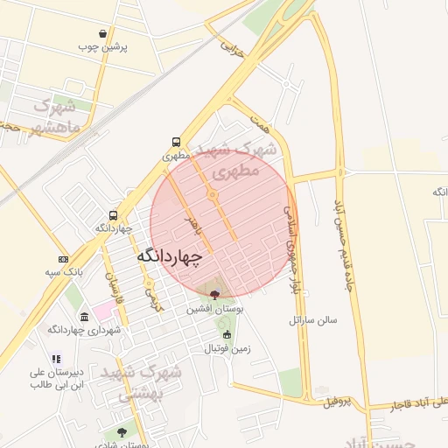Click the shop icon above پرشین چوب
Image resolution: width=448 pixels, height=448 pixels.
point(103,33)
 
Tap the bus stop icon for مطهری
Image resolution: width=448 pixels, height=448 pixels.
point(177,142)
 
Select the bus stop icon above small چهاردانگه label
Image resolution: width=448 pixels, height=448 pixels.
point(113,215)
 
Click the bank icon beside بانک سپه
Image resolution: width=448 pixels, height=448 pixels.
point(63,259)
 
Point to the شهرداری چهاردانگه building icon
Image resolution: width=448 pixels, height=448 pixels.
point(83,317)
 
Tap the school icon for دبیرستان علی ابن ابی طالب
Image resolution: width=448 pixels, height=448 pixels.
point(57,359)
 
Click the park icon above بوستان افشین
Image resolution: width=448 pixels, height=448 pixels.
point(215,296)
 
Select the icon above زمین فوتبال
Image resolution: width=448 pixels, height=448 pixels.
point(227,335)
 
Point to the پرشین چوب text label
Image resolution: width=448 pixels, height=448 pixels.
point(103,46)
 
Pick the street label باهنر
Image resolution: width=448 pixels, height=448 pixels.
point(192,226)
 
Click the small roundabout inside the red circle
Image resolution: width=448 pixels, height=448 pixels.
point(212,194)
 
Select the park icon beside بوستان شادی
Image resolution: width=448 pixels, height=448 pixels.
point(121,432)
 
